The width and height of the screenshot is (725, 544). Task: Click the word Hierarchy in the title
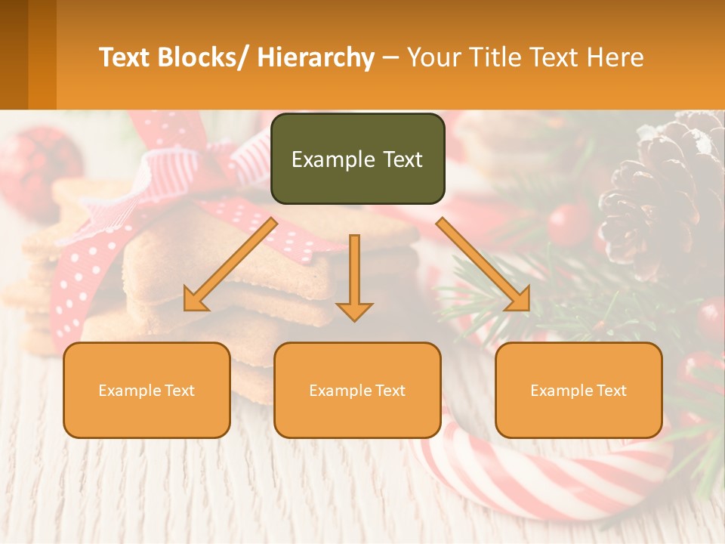click(x=316, y=57)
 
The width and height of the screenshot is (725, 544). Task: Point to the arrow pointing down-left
click(x=230, y=265)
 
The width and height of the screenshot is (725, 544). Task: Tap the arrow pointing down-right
click(x=484, y=264)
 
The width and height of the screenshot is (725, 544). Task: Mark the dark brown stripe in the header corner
click(x=14, y=54)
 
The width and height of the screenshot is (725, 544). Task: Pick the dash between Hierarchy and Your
click(x=390, y=58)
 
